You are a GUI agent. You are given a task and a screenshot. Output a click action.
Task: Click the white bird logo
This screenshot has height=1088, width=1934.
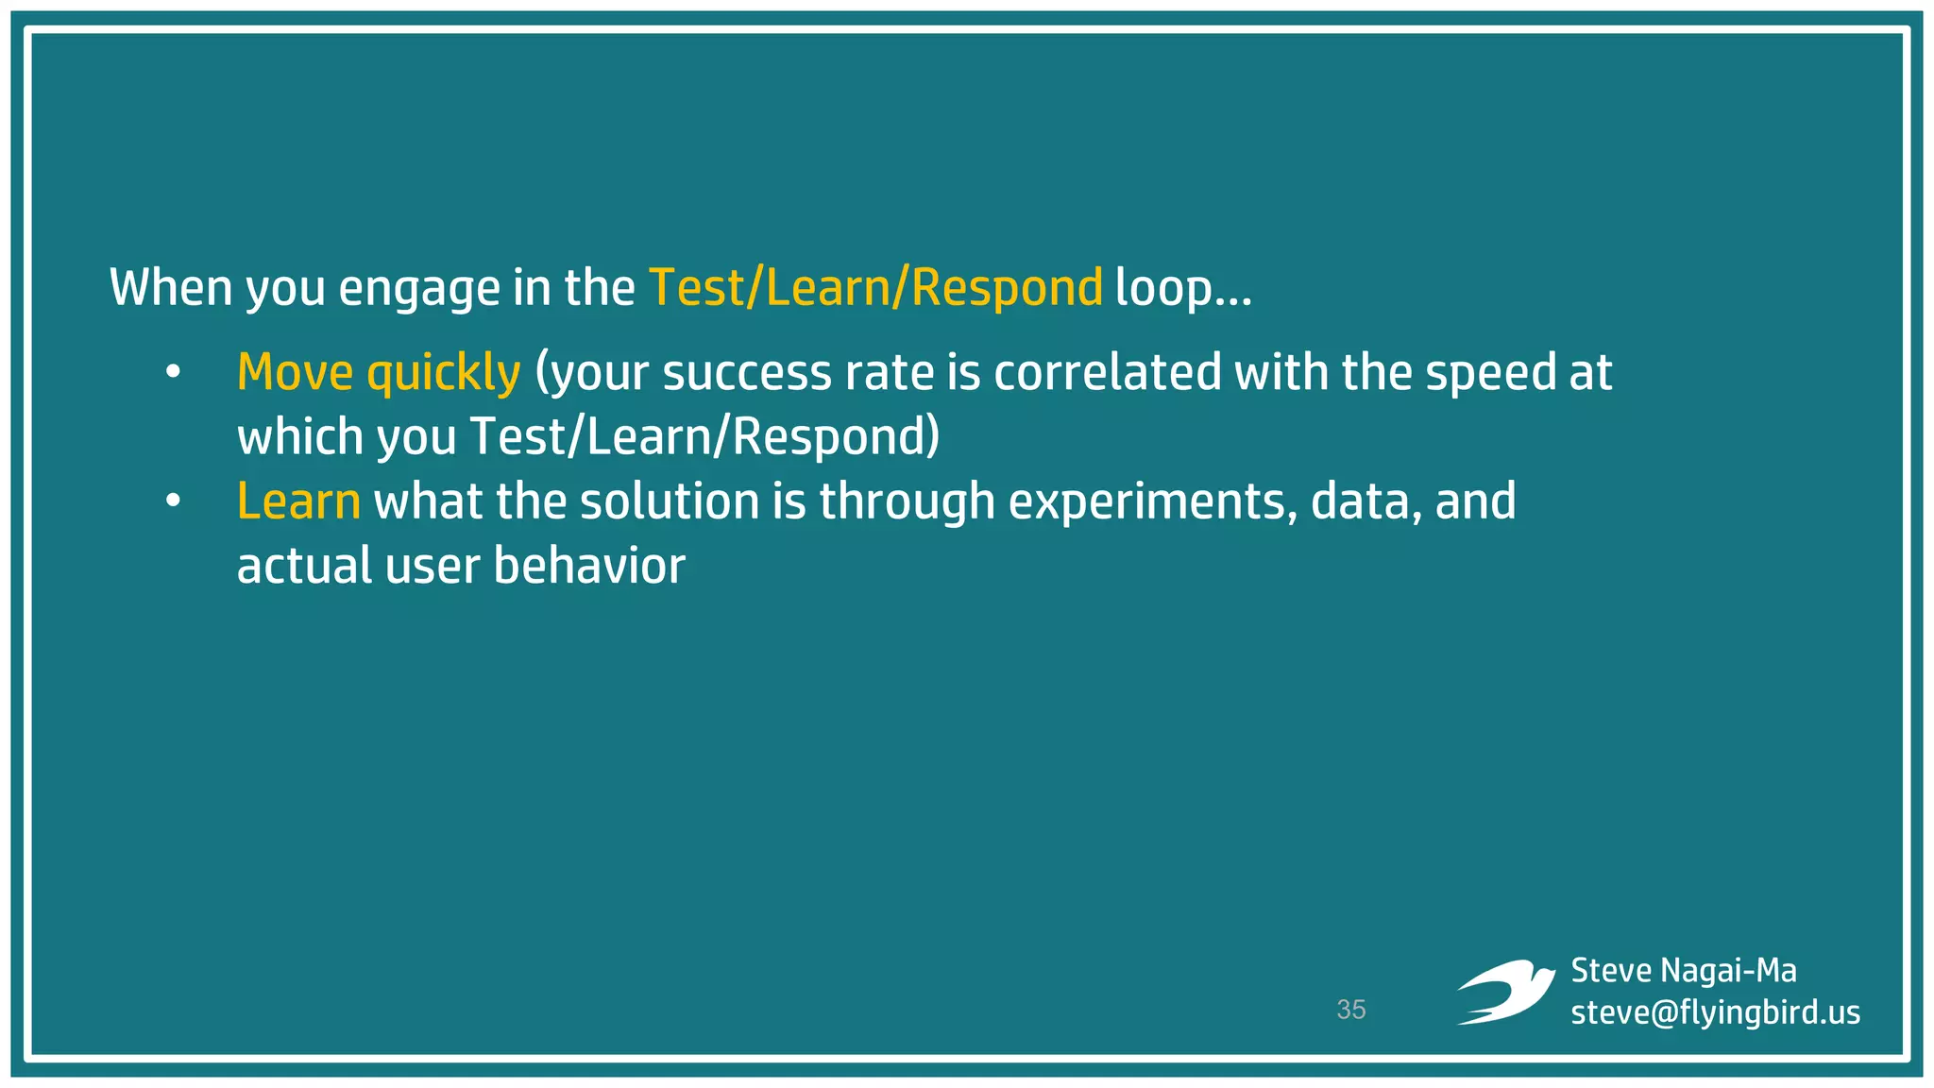point(1505,992)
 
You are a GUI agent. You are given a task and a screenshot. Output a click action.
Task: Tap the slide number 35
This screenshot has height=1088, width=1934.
point(1351,1010)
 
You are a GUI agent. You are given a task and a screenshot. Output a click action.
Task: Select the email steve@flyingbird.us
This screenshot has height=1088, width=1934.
point(1715,1012)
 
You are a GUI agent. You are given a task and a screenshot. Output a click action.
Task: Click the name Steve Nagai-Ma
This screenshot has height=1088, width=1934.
point(1684,971)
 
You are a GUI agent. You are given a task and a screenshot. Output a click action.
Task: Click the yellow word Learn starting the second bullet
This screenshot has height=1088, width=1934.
point(298,501)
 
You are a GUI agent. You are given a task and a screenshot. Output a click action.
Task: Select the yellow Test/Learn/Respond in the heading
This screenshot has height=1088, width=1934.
point(875,288)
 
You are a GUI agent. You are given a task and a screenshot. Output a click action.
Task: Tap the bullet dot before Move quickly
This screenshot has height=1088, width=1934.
point(172,372)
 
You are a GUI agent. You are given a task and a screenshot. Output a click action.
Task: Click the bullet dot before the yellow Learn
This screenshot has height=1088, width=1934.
point(172,501)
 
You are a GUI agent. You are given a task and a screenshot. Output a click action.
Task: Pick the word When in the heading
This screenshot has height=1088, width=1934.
point(171,288)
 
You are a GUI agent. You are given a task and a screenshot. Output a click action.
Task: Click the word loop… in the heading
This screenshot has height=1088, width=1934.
point(1182,288)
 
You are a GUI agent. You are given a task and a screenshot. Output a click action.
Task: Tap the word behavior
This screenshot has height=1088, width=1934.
point(589,567)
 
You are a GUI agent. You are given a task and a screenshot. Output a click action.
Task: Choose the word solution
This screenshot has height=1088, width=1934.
point(670,501)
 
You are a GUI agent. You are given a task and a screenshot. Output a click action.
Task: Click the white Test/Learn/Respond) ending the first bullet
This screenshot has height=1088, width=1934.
point(704,437)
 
